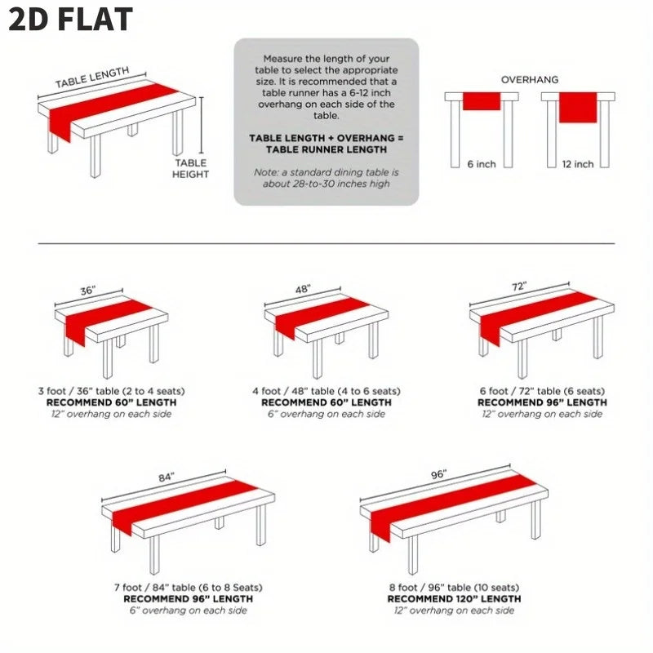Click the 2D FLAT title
[x=71, y=20]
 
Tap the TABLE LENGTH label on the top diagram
[x=92, y=78]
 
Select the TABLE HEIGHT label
[x=191, y=169]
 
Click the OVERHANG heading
[x=529, y=79]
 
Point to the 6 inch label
[x=482, y=164]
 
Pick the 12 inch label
[x=578, y=164]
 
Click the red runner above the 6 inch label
[x=482, y=101]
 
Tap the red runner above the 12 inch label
[x=578, y=108]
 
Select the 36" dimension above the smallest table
[x=87, y=291]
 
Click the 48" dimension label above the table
[x=303, y=289]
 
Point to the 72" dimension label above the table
[x=519, y=287]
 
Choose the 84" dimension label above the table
[x=167, y=478]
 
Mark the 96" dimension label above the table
[x=438, y=475]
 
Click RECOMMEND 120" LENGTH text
[x=454, y=599]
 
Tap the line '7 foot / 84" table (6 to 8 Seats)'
[x=189, y=588]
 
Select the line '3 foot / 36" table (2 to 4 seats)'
[x=111, y=391]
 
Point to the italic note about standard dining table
[x=326, y=178]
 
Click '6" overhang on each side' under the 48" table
[x=326, y=414]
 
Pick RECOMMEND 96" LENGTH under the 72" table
[x=542, y=402]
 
